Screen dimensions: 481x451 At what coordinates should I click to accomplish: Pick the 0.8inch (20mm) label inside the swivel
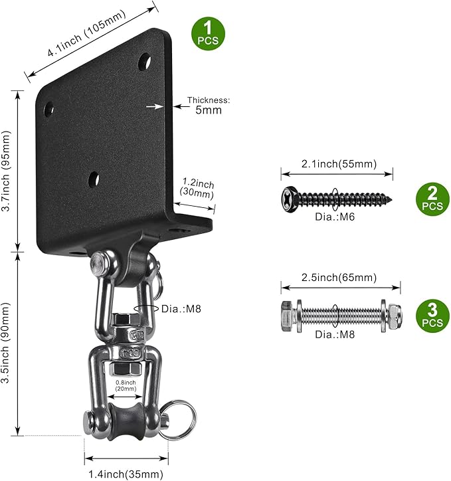click(x=126, y=385)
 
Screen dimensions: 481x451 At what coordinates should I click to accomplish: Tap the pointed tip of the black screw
click(x=391, y=197)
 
